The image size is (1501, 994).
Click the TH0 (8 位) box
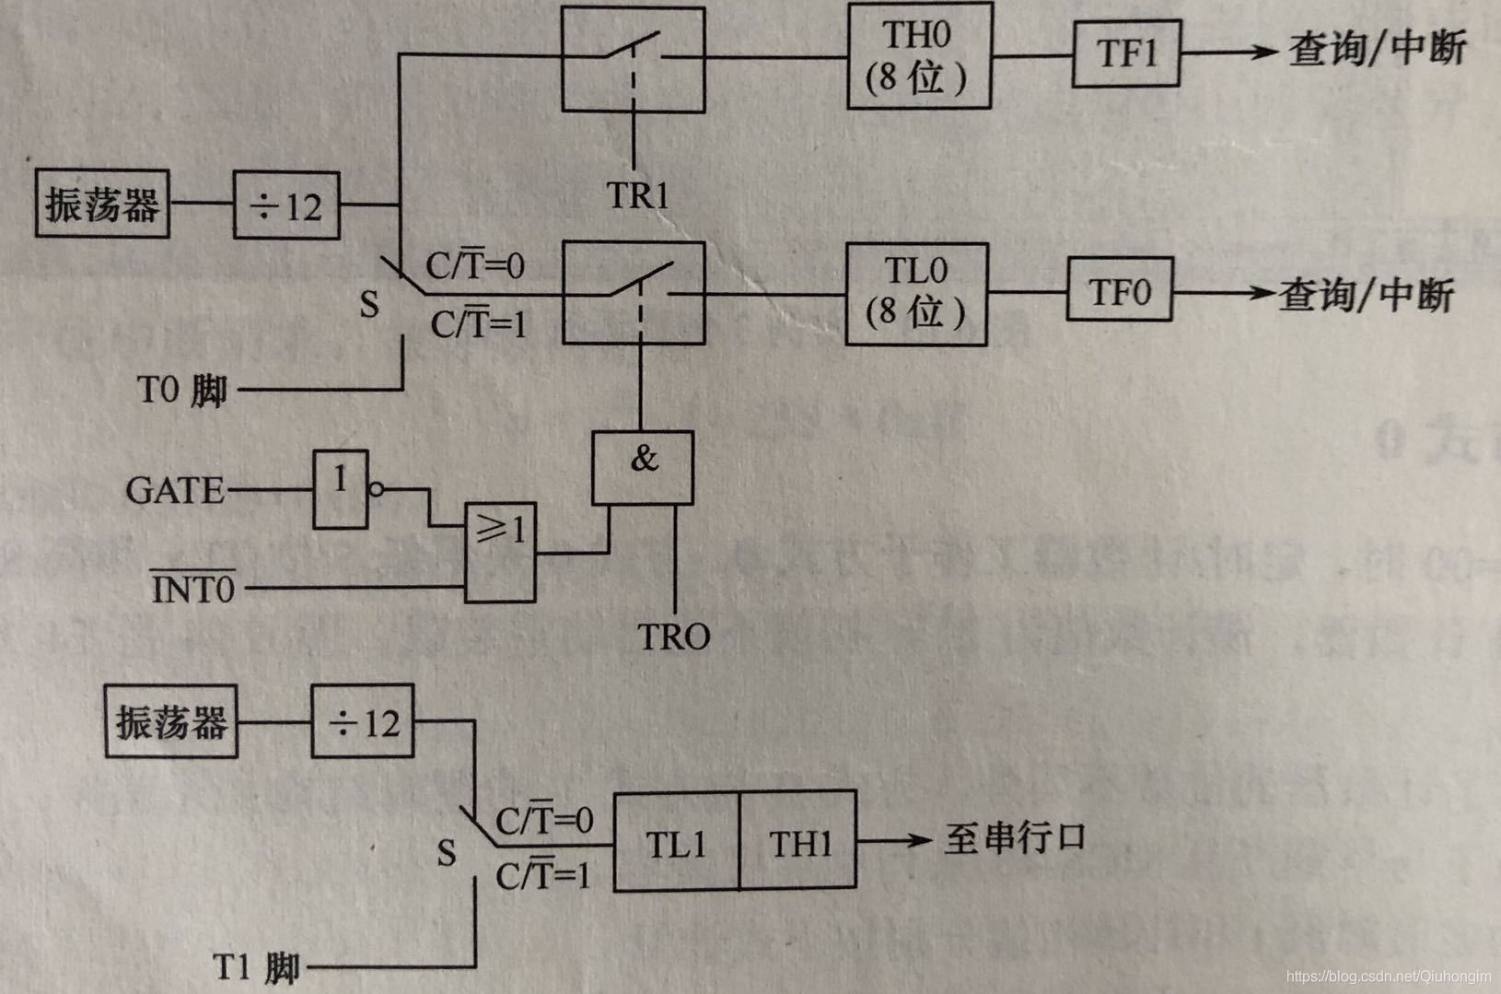point(919,56)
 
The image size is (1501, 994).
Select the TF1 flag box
point(1125,54)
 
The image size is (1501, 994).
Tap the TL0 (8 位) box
point(915,294)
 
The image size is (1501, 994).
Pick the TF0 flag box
point(1119,290)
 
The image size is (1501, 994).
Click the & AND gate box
point(642,467)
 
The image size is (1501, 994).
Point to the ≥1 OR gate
point(500,552)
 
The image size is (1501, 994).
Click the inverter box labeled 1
point(341,489)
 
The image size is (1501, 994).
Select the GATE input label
point(175,490)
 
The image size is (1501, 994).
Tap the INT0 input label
point(193,588)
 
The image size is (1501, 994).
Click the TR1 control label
point(637,195)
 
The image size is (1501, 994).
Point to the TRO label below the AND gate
point(674,637)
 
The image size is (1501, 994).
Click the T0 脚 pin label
point(182,390)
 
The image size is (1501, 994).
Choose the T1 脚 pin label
point(257,968)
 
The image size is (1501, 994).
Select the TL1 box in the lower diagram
point(676,842)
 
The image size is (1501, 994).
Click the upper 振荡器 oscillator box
point(102,204)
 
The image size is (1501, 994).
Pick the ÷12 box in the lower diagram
point(362,721)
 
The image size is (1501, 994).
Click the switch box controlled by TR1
point(634,60)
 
